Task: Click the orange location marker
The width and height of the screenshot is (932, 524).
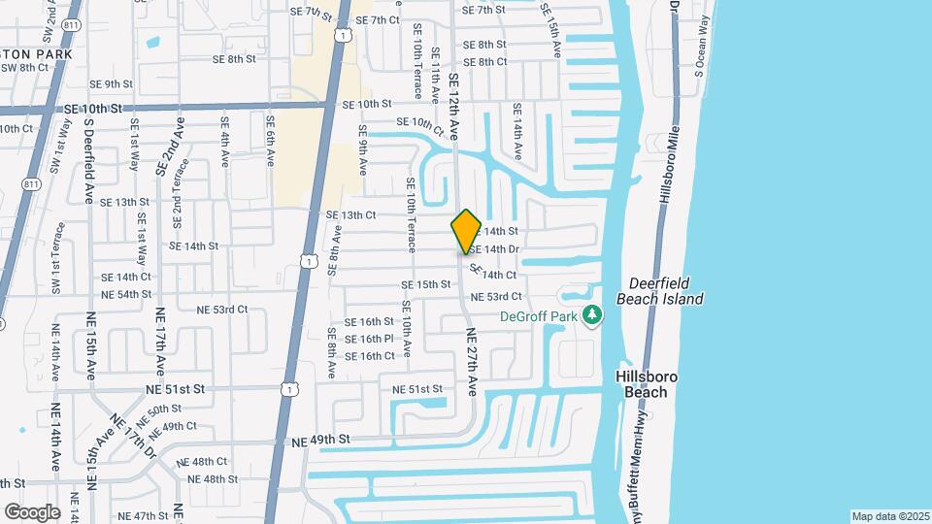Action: pyautogui.click(x=466, y=232)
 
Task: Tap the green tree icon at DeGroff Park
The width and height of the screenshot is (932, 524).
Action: pyautogui.click(x=592, y=315)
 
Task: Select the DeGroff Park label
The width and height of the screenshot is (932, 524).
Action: pyautogui.click(x=538, y=315)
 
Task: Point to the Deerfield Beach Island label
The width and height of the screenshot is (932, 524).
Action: pyautogui.click(x=665, y=291)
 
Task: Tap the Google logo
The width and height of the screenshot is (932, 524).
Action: pyautogui.click(x=32, y=512)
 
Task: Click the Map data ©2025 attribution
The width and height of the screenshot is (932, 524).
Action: pyautogui.click(x=890, y=516)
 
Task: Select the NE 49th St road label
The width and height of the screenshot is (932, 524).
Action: pyautogui.click(x=320, y=441)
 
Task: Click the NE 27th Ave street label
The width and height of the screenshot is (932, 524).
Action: pyautogui.click(x=472, y=361)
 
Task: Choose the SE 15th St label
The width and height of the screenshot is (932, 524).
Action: pyautogui.click(x=426, y=285)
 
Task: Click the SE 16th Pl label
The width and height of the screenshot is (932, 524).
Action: pyautogui.click(x=369, y=339)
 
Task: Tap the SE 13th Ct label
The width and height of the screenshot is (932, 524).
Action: pyautogui.click(x=350, y=215)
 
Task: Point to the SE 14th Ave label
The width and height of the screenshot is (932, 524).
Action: pyautogui.click(x=517, y=132)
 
